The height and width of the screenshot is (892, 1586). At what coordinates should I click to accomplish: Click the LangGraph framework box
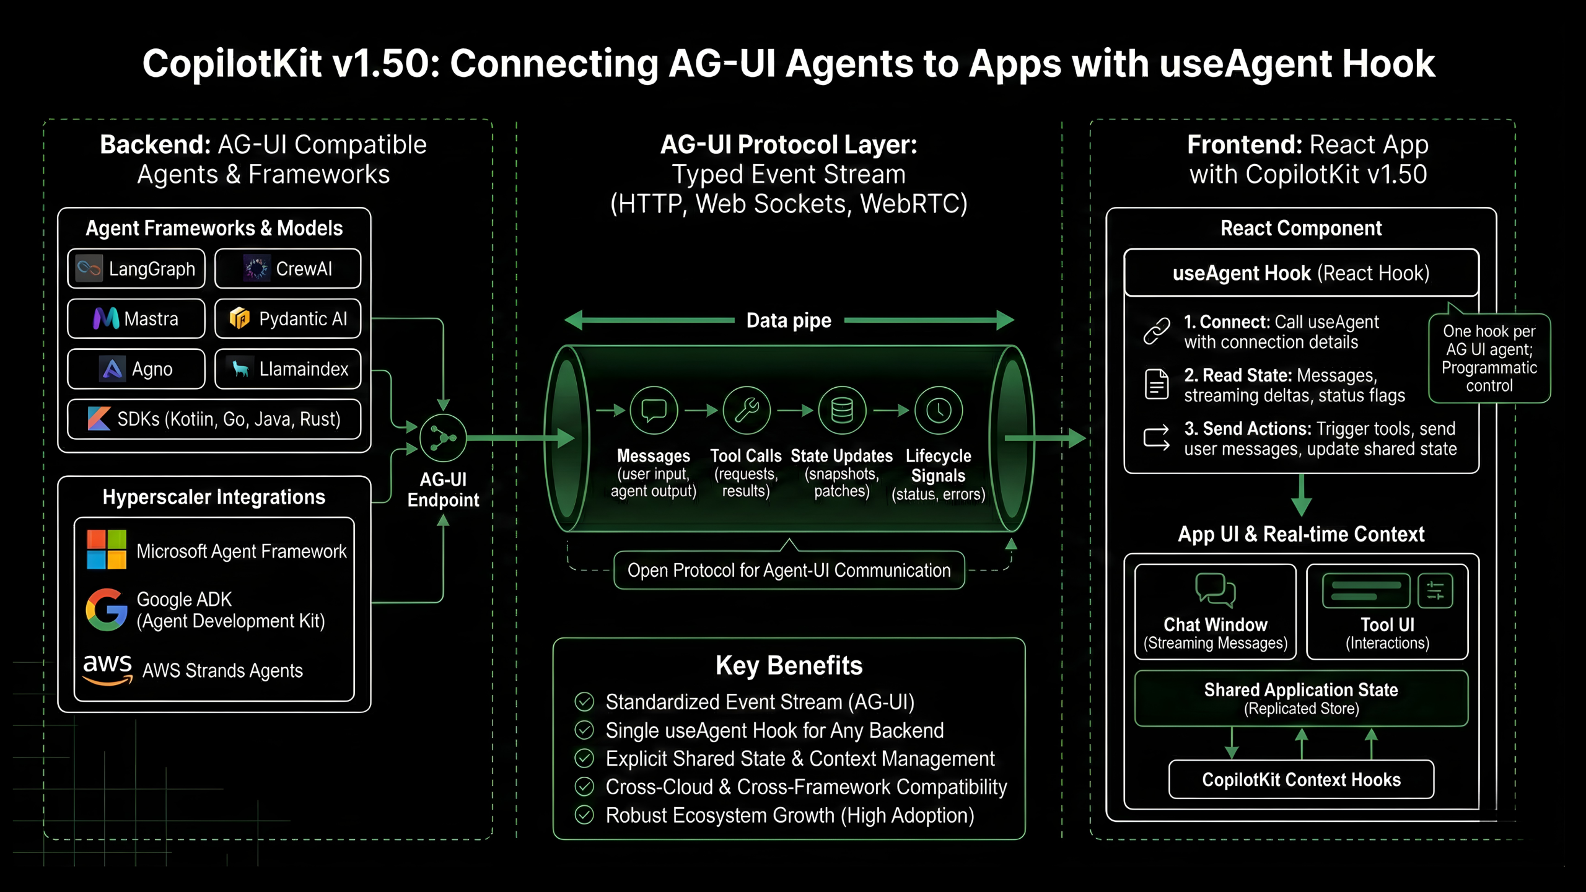pos(136,269)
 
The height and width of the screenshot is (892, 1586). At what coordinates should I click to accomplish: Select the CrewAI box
pos(287,269)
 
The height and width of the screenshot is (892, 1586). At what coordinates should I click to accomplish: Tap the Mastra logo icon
pos(106,319)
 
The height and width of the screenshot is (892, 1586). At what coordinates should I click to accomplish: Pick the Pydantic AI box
pos(287,319)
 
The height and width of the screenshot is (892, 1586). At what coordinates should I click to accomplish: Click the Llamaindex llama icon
pos(240,369)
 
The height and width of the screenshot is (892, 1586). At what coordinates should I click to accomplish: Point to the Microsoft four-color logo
pos(107,549)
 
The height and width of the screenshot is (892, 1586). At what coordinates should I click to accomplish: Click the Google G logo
pos(107,610)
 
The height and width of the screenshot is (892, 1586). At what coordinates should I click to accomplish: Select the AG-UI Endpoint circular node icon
pos(443,438)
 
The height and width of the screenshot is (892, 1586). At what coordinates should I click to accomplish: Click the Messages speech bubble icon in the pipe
pos(654,410)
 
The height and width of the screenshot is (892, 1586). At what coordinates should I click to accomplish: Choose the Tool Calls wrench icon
pos(747,410)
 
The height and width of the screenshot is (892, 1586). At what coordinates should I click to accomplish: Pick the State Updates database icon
pos(842,410)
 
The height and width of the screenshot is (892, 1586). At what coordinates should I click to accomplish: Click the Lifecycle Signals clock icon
pos(939,410)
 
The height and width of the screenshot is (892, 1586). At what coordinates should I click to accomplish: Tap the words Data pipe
pos(789,320)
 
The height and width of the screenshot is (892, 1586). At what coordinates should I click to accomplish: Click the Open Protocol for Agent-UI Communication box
pos(789,570)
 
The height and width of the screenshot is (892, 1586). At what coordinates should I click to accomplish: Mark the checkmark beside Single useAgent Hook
pos(584,730)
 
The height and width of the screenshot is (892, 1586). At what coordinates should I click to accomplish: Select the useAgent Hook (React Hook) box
pos(1301,273)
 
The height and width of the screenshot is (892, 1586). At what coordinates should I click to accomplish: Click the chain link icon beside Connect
pos(1157,331)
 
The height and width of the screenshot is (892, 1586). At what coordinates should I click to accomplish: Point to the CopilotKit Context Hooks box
pos(1301,779)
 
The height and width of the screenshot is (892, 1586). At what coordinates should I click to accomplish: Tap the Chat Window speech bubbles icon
pos(1215,590)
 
